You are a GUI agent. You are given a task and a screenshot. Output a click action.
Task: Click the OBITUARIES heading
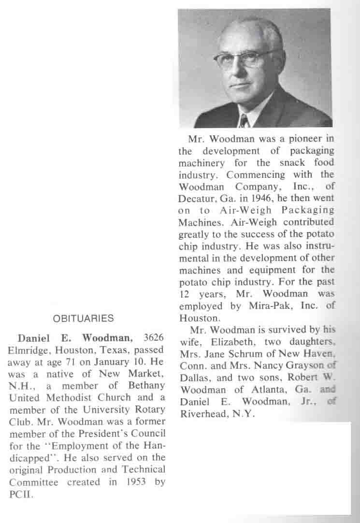83,319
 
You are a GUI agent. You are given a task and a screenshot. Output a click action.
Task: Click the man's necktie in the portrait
245,121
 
